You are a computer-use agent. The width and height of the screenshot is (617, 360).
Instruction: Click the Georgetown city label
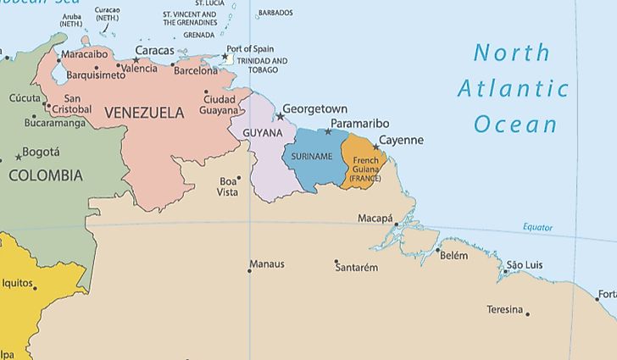click(x=315, y=109)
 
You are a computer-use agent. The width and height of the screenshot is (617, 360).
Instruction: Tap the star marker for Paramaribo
click(x=329, y=131)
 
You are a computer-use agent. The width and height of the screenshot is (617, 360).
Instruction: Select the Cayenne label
click(x=401, y=141)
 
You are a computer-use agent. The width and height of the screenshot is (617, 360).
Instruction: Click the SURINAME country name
click(x=312, y=157)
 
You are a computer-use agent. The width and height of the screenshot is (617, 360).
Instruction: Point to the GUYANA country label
click(x=263, y=134)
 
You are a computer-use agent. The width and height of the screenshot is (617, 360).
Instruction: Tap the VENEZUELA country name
click(x=144, y=112)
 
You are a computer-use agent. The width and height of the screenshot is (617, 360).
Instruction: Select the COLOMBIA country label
click(x=46, y=175)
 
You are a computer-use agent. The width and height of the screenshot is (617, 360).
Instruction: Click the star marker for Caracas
click(x=136, y=60)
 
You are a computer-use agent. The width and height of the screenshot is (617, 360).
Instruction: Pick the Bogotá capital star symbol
click(x=19, y=158)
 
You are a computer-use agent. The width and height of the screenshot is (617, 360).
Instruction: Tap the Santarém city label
click(x=356, y=268)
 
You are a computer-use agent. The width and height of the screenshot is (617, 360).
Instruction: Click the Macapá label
click(x=375, y=218)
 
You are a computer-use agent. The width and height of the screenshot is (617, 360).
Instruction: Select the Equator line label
click(x=537, y=228)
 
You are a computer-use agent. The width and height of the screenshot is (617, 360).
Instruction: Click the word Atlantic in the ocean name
click(x=513, y=88)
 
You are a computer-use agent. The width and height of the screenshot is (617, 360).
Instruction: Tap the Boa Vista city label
click(x=228, y=186)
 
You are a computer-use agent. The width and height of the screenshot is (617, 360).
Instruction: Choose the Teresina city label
click(x=504, y=309)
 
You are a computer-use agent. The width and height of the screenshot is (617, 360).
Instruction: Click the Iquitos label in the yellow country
click(x=17, y=283)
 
